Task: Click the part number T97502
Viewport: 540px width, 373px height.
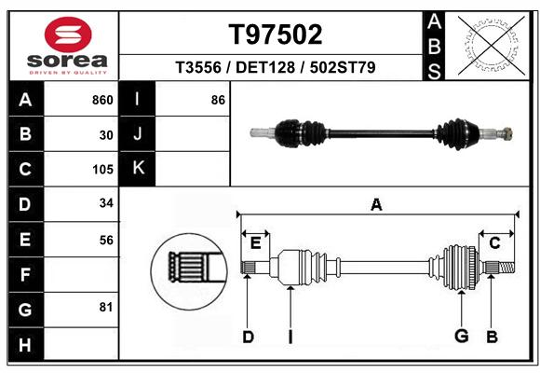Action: [x=276, y=35]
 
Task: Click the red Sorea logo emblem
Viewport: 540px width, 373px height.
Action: [x=68, y=35]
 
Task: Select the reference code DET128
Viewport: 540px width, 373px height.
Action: [x=265, y=67]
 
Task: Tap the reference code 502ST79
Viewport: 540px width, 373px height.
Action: [x=343, y=67]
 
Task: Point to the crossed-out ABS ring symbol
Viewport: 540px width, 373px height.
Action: [x=492, y=46]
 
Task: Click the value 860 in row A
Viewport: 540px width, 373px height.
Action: [x=102, y=100]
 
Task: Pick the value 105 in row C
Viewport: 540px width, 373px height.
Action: [x=102, y=170]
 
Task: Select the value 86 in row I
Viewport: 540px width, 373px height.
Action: [x=218, y=100]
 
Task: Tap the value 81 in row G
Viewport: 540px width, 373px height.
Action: [x=106, y=307]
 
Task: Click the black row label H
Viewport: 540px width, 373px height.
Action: [x=26, y=344]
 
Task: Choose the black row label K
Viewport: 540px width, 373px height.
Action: [x=138, y=169]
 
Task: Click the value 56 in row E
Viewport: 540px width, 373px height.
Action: [x=106, y=241]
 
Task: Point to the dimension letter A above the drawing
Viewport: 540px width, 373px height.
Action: [x=376, y=204]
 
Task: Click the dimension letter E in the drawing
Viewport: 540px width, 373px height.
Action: [x=255, y=243]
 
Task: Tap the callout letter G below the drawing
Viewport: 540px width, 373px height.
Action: [x=462, y=336]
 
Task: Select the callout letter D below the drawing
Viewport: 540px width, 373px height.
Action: [x=248, y=337]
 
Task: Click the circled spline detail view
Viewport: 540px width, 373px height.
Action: [x=189, y=271]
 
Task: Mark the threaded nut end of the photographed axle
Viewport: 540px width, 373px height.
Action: [x=506, y=133]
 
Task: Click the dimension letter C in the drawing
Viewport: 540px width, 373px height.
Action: [x=494, y=243]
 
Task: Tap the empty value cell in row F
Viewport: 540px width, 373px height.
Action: [x=81, y=274]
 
